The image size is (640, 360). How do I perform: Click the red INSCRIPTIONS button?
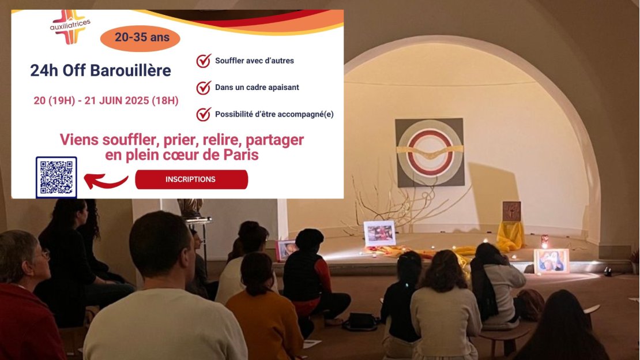191,179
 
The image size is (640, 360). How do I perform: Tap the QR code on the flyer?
57,177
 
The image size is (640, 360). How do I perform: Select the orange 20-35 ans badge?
140,39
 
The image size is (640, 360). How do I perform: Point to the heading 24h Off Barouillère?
100,70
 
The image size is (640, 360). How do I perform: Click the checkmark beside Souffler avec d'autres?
204,61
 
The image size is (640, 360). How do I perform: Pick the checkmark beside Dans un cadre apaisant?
204,88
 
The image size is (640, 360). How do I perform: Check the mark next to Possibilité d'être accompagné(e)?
204,114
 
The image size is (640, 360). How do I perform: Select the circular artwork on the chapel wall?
430,152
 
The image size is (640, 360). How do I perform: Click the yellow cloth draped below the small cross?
510,236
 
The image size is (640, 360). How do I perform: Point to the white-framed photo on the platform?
379,233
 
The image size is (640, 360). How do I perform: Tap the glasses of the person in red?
43,255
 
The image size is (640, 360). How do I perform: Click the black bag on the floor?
360,322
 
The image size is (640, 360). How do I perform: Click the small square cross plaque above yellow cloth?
511,211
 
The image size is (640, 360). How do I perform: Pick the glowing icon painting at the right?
551,261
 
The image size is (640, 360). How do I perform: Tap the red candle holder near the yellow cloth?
544,241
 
